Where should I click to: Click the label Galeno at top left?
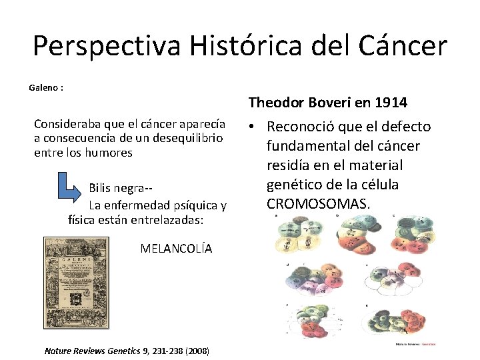point(44,87)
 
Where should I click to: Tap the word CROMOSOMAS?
point(317,203)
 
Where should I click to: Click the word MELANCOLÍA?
point(176,249)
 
